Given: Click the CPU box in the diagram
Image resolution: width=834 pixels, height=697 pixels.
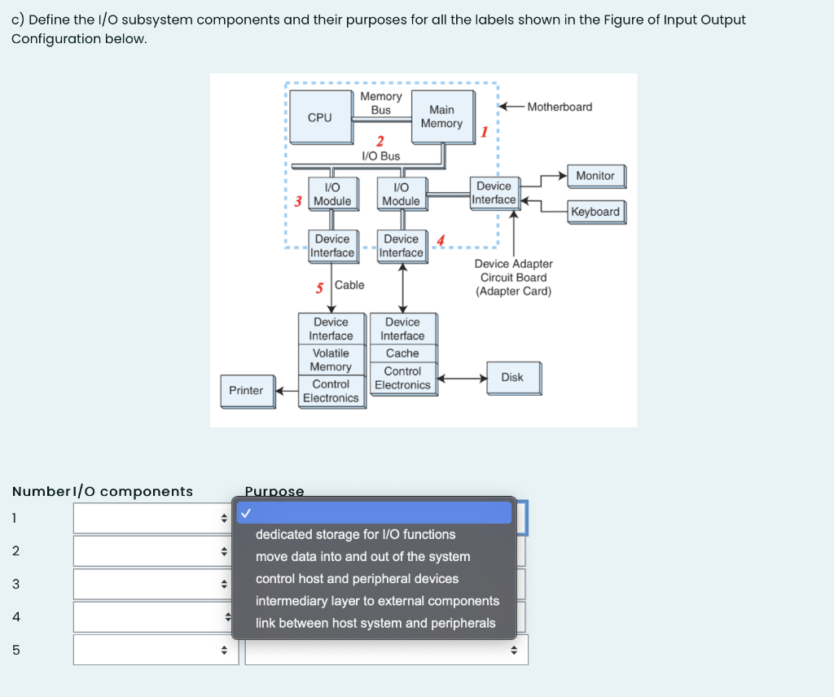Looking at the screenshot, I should [320, 117].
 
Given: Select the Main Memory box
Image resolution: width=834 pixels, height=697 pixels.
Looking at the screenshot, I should [441, 116].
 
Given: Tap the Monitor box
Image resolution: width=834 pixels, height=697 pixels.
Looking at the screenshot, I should [595, 176].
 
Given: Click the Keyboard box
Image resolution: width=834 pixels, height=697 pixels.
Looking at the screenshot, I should [595, 212].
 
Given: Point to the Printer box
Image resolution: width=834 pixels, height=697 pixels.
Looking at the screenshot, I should [246, 390].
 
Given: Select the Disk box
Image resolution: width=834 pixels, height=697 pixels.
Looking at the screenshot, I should [512, 377].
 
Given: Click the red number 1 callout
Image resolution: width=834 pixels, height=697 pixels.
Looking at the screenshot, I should [484, 131].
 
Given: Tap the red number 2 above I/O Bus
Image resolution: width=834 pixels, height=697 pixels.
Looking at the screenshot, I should [380, 142].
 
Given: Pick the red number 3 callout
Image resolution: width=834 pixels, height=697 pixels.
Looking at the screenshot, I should [299, 201].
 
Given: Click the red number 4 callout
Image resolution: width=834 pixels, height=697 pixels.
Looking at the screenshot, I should [441, 239].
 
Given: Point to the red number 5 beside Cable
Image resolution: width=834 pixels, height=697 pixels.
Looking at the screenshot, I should [320, 287].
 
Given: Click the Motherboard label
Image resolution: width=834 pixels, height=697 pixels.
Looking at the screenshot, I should [560, 107].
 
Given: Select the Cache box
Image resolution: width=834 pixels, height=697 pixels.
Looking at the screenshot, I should [402, 353].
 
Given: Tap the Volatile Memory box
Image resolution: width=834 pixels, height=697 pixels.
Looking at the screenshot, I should [331, 360].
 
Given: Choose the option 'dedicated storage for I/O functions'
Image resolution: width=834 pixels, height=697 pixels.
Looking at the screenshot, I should [355, 534].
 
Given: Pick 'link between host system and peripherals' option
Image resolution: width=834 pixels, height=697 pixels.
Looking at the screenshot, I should [375, 623].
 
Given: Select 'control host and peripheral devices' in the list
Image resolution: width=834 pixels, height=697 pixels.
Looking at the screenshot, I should [357, 579].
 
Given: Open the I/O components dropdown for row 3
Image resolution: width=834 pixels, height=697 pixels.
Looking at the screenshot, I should [155, 584].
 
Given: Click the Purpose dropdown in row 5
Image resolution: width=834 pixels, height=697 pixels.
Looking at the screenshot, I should [386, 650].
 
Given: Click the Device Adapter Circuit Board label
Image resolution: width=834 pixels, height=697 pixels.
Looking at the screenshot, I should [513, 277].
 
